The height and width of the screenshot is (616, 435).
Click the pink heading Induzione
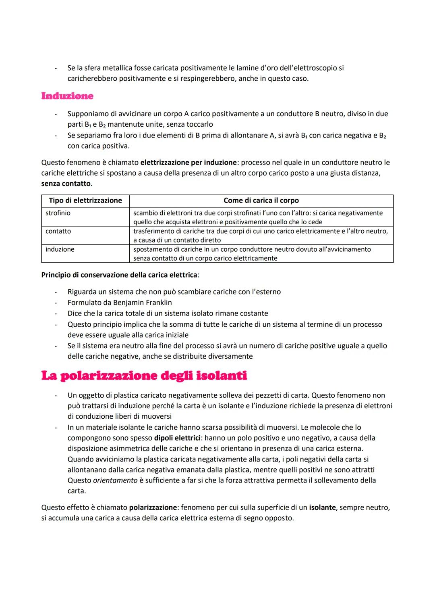coord(67,96)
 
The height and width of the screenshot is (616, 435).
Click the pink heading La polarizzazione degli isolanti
coord(144,376)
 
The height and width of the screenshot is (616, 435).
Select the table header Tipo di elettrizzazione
coord(85,200)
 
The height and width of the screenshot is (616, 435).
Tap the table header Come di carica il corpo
coord(261,200)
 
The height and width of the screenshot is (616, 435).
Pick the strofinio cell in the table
coord(58,213)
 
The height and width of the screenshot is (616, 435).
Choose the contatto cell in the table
coord(58,231)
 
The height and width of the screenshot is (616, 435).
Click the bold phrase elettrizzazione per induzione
coord(188,163)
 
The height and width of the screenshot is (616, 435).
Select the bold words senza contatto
coord(66,184)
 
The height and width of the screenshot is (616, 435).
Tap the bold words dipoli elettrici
coord(177,438)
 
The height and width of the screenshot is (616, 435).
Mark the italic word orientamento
coord(115,480)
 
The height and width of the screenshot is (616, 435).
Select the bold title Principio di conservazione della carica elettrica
coord(119,275)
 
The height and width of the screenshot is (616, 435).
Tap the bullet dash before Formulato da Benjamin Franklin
coord(56,303)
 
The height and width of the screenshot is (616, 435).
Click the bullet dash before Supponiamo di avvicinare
coord(56,114)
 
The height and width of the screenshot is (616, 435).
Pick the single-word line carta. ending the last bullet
coord(77,491)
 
